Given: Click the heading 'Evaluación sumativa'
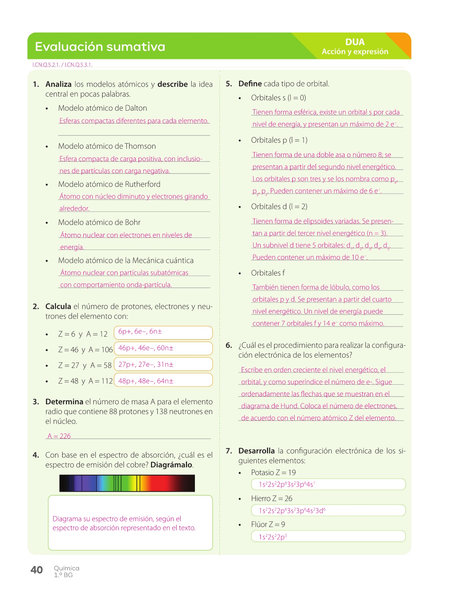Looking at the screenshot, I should click(x=100, y=47).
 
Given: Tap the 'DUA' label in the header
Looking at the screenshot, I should click(x=355, y=42).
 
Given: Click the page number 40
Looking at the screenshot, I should click(x=37, y=570).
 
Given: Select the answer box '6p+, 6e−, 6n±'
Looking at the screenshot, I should click(x=163, y=333).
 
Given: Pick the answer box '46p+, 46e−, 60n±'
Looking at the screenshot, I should click(x=163, y=349).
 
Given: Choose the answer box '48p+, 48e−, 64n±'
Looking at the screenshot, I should click(x=163, y=380).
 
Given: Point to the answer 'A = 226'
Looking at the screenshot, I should click(x=59, y=436).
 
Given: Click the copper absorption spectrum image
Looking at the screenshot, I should click(x=127, y=483).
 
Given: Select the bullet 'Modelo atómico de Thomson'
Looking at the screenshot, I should click(x=107, y=146).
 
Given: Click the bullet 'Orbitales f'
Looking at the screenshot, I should click(x=268, y=273).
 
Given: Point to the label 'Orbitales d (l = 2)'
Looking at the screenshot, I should click(x=279, y=207).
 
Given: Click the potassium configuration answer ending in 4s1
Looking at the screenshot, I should click(x=328, y=484).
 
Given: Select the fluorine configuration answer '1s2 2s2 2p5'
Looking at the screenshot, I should click(x=328, y=537).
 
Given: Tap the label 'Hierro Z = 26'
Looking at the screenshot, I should click(x=271, y=498).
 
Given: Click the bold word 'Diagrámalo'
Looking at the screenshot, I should click(x=171, y=464).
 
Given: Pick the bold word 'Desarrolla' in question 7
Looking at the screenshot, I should click(x=256, y=451).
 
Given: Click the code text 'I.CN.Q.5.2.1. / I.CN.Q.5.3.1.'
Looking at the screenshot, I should click(x=62, y=65).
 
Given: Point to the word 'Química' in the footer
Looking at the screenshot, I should click(x=67, y=568).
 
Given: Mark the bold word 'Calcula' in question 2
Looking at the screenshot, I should click(x=58, y=306).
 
